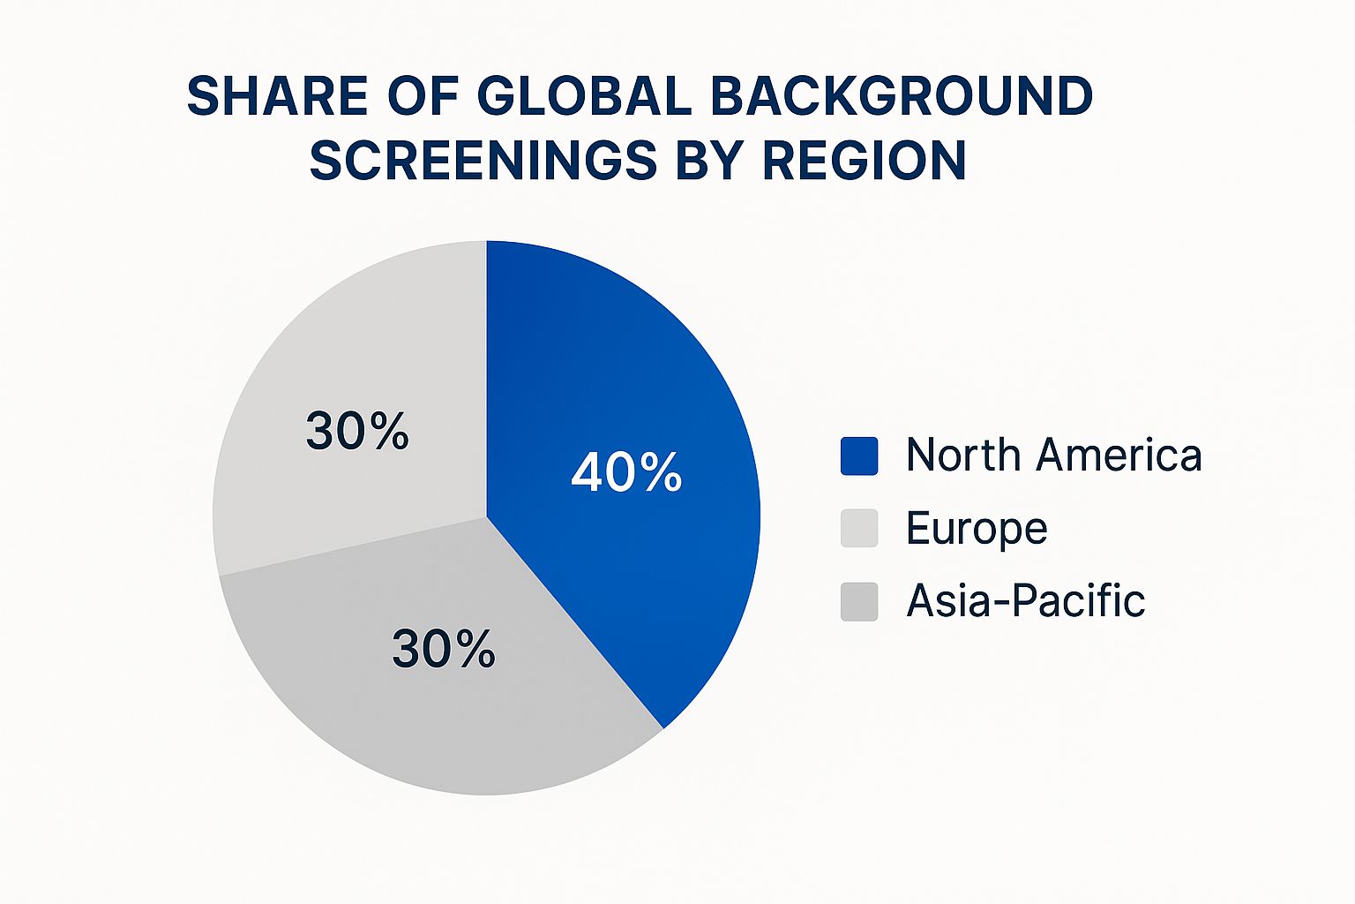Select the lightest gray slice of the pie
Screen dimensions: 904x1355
click(x=353, y=371)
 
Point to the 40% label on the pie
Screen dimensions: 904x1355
click(x=626, y=472)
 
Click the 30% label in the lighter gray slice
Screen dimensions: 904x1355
click(x=357, y=432)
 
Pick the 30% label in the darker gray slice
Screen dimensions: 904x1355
click(x=443, y=649)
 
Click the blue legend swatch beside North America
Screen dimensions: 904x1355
click(x=858, y=456)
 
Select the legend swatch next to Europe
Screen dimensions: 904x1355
click(x=858, y=528)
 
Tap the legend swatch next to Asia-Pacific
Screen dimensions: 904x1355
click(x=858, y=601)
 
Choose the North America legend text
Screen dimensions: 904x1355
click(x=1053, y=456)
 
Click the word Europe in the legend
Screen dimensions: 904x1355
click(x=977, y=529)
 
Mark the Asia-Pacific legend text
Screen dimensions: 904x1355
click(x=1025, y=601)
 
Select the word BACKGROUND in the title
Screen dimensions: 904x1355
click(x=901, y=96)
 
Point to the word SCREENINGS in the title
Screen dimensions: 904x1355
click(x=484, y=161)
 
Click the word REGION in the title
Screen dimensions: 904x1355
click(x=865, y=161)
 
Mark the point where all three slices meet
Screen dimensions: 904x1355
click(x=486, y=517)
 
